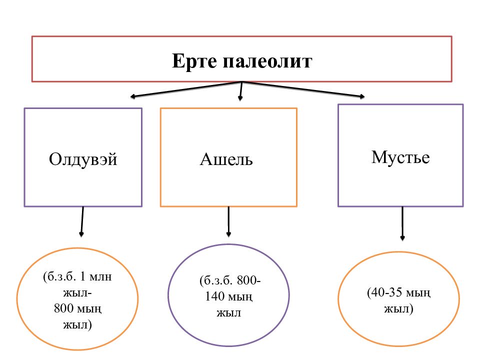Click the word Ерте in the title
pyautogui.click(x=194, y=62)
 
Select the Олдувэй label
pyautogui.click(x=83, y=159)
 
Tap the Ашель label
pyautogui.click(x=226, y=159)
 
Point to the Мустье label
pyautogui.click(x=400, y=157)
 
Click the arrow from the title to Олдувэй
pyautogui.click(x=185, y=89)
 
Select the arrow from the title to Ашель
pyautogui.click(x=241, y=91)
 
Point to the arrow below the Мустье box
pyautogui.click(x=402, y=223)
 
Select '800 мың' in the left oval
pyautogui.click(x=77, y=308)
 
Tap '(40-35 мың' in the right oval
pyautogui.click(x=398, y=292)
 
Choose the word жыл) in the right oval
pyautogui.click(x=398, y=308)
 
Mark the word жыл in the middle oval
pyautogui.click(x=228, y=313)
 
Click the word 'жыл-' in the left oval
pyautogui.click(x=77, y=292)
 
